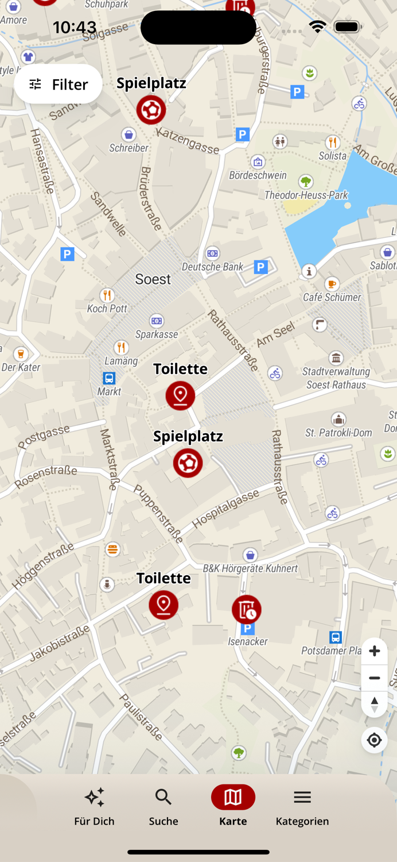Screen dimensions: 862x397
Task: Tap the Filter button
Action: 59,84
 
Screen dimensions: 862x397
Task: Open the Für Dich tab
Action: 94,806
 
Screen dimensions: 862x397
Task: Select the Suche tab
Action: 164,806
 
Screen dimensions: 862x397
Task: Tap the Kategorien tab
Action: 302,806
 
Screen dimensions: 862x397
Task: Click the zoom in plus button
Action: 374,651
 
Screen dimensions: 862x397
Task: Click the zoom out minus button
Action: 374,678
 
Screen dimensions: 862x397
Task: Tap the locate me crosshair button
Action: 374,740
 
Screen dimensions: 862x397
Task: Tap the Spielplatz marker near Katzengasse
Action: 151,110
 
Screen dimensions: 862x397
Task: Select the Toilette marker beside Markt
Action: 180,395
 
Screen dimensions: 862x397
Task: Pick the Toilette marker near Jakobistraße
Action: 164,605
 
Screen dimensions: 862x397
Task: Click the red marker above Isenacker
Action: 247,610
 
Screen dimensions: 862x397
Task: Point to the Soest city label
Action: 153,279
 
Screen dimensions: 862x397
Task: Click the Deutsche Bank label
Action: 212,267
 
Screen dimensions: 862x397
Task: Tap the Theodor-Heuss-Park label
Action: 306,195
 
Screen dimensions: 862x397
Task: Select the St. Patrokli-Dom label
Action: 338,433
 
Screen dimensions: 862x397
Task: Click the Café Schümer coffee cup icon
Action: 332,284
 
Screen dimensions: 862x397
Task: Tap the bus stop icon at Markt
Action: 109,378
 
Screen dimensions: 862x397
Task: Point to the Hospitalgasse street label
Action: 225,509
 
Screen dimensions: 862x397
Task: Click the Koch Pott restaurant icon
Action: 107,295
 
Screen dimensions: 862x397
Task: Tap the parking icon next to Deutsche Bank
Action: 261,267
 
